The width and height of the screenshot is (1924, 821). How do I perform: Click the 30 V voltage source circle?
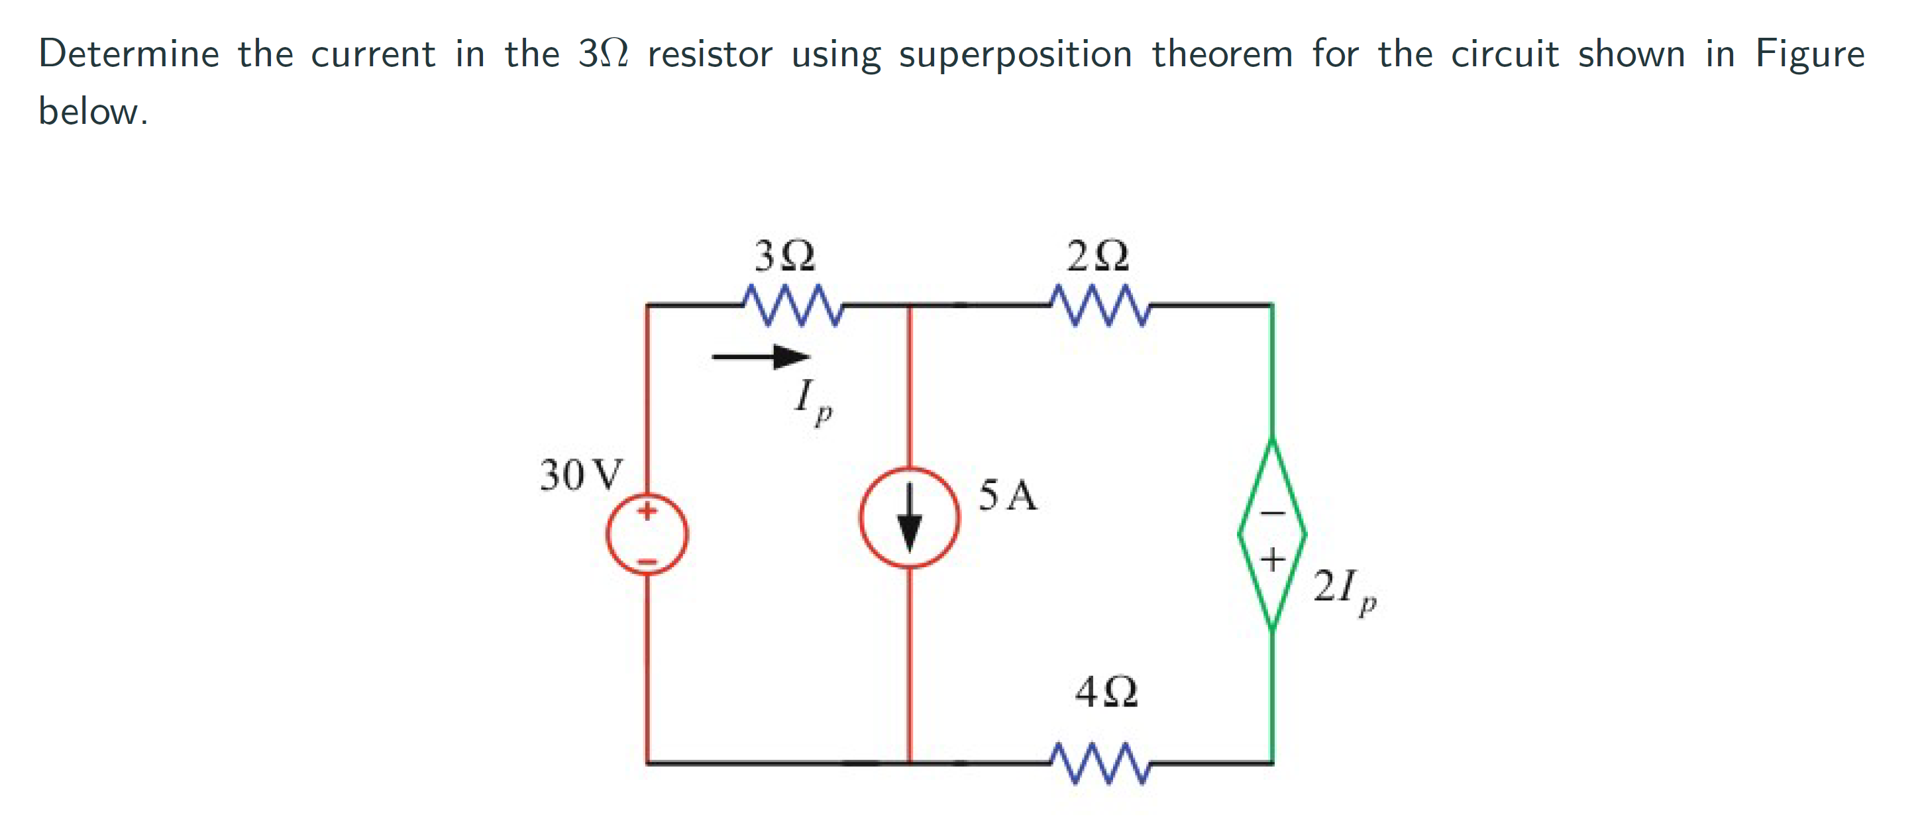click(x=647, y=535)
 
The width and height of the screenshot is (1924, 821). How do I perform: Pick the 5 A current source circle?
click(x=909, y=517)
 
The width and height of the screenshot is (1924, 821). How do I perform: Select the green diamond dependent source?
click(x=1272, y=533)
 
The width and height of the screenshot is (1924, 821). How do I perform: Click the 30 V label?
click(x=581, y=474)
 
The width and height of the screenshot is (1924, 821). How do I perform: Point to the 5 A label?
click(x=1008, y=495)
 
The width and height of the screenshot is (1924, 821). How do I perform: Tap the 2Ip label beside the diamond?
click(x=1344, y=590)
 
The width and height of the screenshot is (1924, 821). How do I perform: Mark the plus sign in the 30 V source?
click(x=647, y=511)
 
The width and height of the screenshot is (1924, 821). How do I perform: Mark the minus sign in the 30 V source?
click(x=647, y=561)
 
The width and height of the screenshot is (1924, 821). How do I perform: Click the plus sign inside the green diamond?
click(x=1273, y=559)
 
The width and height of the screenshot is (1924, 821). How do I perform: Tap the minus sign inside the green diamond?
click(x=1273, y=512)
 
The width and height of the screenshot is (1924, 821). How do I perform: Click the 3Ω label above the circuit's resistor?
click(x=784, y=256)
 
